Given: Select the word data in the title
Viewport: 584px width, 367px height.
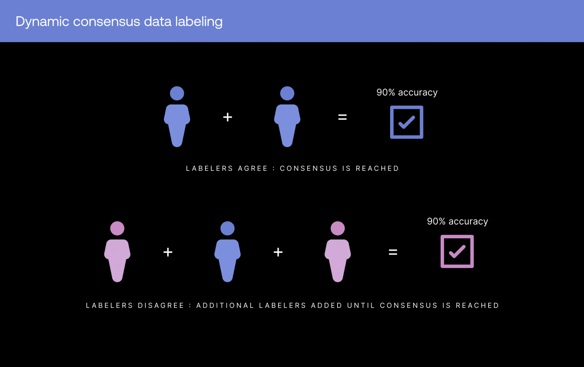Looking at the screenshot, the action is click(x=158, y=21).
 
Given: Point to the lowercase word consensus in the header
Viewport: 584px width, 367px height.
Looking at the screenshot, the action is click(x=106, y=22).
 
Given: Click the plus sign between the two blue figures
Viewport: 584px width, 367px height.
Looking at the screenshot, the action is click(x=228, y=117).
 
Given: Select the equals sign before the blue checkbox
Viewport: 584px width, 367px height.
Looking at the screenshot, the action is click(x=342, y=117).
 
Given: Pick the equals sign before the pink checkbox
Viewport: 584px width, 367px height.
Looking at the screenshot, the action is click(x=393, y=252).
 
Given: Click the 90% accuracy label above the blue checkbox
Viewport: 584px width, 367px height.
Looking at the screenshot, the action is click(x=407, y=92).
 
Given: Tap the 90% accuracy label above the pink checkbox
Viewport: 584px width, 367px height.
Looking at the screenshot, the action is click(x=457, y=221).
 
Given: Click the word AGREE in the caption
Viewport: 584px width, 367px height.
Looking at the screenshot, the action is click(x=253, y=169).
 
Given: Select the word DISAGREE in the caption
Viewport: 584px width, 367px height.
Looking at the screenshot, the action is click(x=161, y=306).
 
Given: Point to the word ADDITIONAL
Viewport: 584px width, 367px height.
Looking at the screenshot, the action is click(x=225, y=306).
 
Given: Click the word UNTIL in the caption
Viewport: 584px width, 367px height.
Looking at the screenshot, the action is click(x=361, y=306).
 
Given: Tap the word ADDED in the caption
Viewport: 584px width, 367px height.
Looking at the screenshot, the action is click(x=327, y=306).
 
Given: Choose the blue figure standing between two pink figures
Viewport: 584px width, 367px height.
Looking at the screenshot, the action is click(x=227, y=252).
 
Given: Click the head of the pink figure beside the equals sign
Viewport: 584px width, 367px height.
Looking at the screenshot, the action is click(x=338, y=228).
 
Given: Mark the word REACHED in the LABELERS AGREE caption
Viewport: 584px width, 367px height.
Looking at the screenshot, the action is click(x=377, y=169).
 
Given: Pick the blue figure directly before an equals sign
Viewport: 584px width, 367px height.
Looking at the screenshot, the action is click(x=287, y=116).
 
